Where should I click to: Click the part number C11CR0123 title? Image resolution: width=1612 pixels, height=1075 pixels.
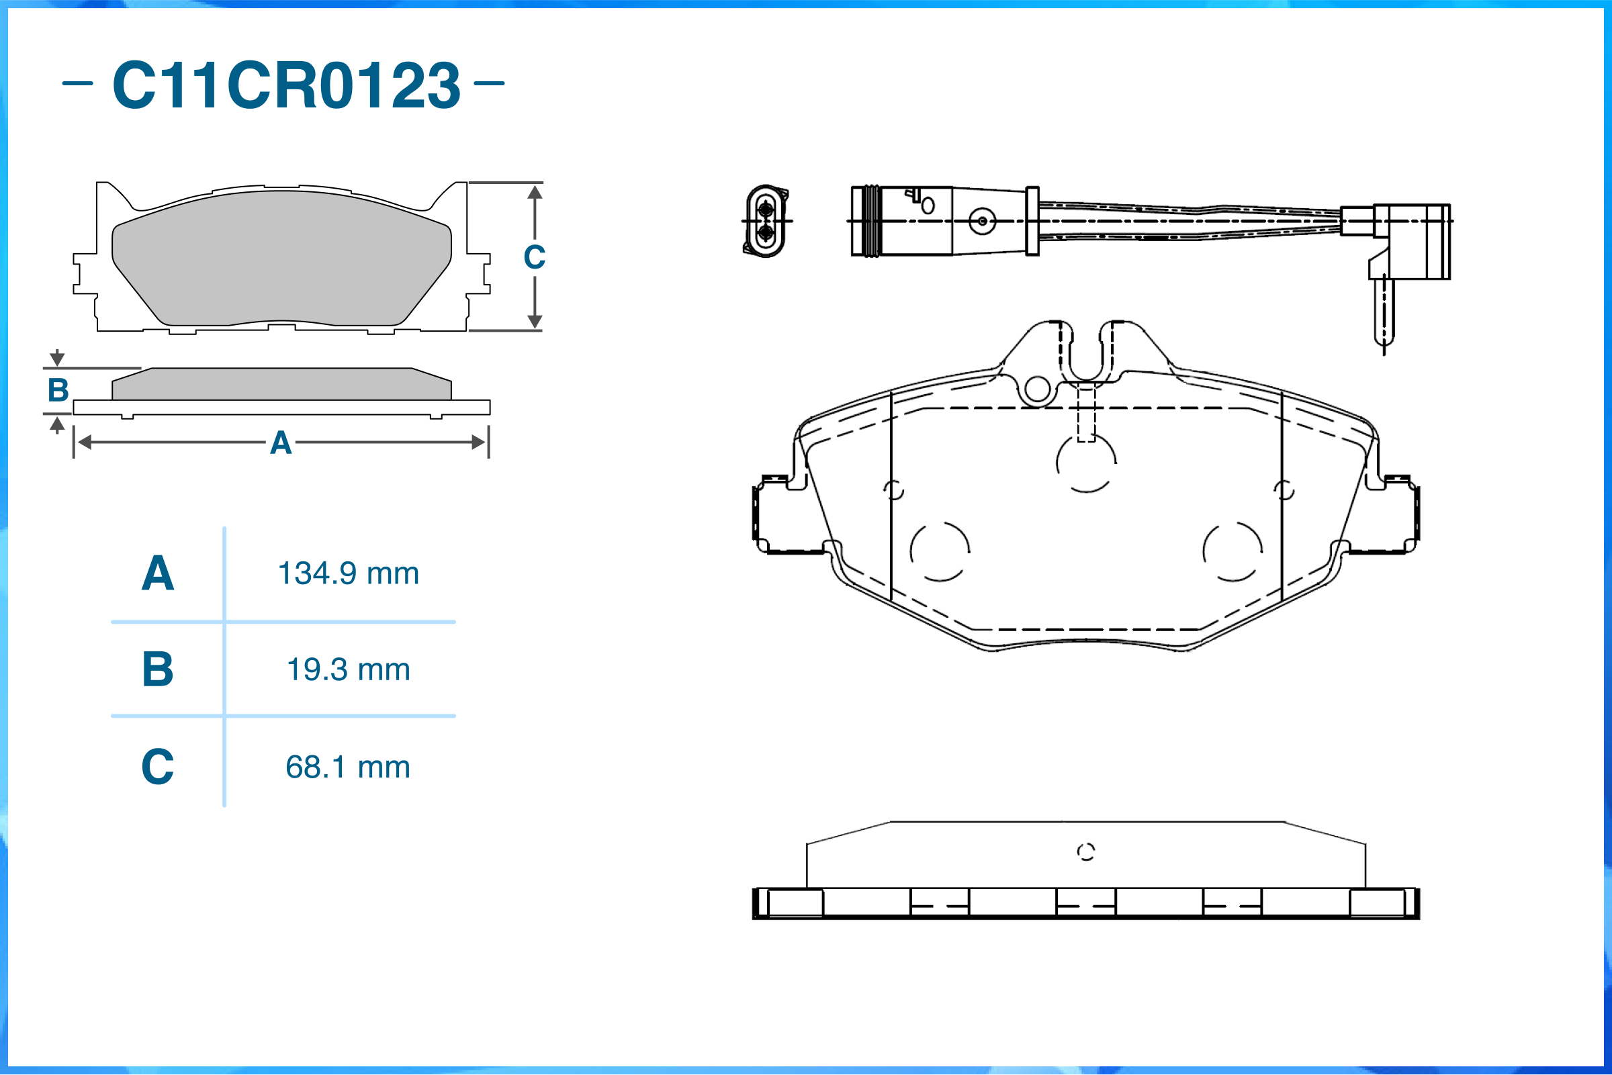pos(286,85)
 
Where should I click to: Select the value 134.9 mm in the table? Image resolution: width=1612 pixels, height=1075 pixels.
pos(349,573)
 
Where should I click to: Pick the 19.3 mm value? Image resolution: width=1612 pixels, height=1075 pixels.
pos(349,669)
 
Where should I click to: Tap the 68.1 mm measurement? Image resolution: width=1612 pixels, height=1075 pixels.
pos(349,767)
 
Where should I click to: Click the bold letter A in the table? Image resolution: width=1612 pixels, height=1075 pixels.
pos(158,573)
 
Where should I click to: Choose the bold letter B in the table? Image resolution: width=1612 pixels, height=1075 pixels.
pos(158,669)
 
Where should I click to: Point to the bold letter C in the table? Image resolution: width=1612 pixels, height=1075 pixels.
pos(158,767)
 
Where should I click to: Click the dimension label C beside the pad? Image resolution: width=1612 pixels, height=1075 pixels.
pos(534,257)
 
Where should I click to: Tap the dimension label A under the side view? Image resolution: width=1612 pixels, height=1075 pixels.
pos(281,443)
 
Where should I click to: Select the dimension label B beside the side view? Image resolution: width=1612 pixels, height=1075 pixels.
pos(58,390)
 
